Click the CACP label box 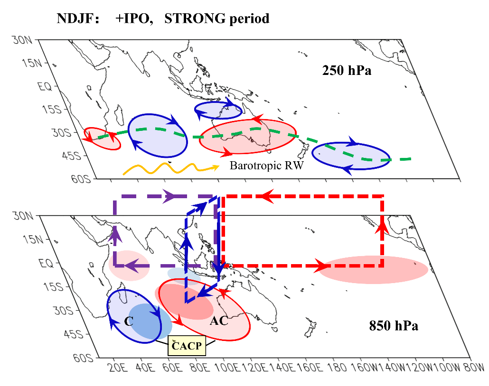pyautogui.click(x=187, y=346)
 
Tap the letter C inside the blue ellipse pyautogui.click(x=129, y=321)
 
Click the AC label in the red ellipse pyautogui.click(x=219, y=321)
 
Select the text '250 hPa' pyautogui.click(x=347, y=70)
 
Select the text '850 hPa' pyautogui.click(x=394, y=326)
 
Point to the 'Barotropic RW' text pyautogui.click(x=266, y=165)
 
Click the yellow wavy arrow pyautogui.click(x=170, y=168)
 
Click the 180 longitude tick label pyautogui.click(x=337, y=368)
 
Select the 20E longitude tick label pyautogui.click(x=119, y=368)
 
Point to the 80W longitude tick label pyautogui.click(x=474, y=368)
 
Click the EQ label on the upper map pyautogui.click(x=45, y=86)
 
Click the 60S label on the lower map pyautogui.click(x=83, y=358)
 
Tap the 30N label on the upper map pyautogui.click(x=22, y=40)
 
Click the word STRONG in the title pyautogui.click(x=195, y=18)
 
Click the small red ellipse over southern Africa pyautogui.click(x=103, y=138)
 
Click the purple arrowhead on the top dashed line pyautogui.click(x=169, y=196)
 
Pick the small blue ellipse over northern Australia pyautogui.click(x=218, y=110)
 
